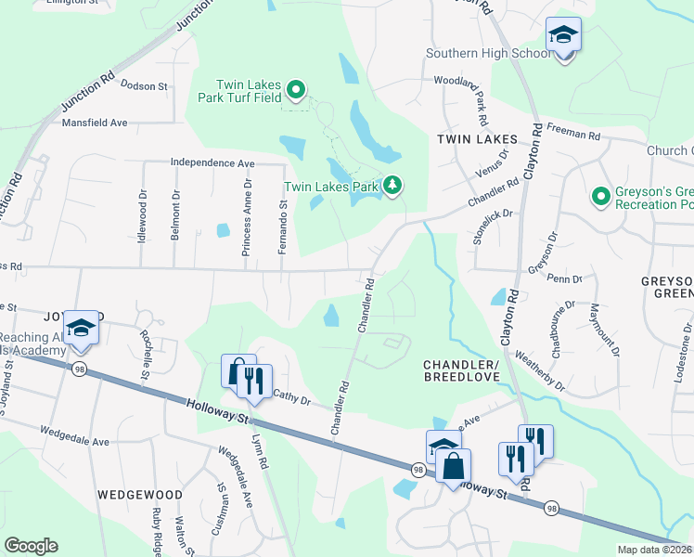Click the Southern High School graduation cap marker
(563, 36)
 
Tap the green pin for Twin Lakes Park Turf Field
(296, 90)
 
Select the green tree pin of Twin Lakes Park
(393, 186)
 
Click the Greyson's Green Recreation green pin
(600, 196)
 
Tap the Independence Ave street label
(212, 162)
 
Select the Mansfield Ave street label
(95, 122)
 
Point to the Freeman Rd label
(573, 134)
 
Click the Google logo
(31, 546)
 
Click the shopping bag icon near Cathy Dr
(238, 370)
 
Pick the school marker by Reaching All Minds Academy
(82, 328)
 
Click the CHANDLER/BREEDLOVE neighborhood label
(464, 369)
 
